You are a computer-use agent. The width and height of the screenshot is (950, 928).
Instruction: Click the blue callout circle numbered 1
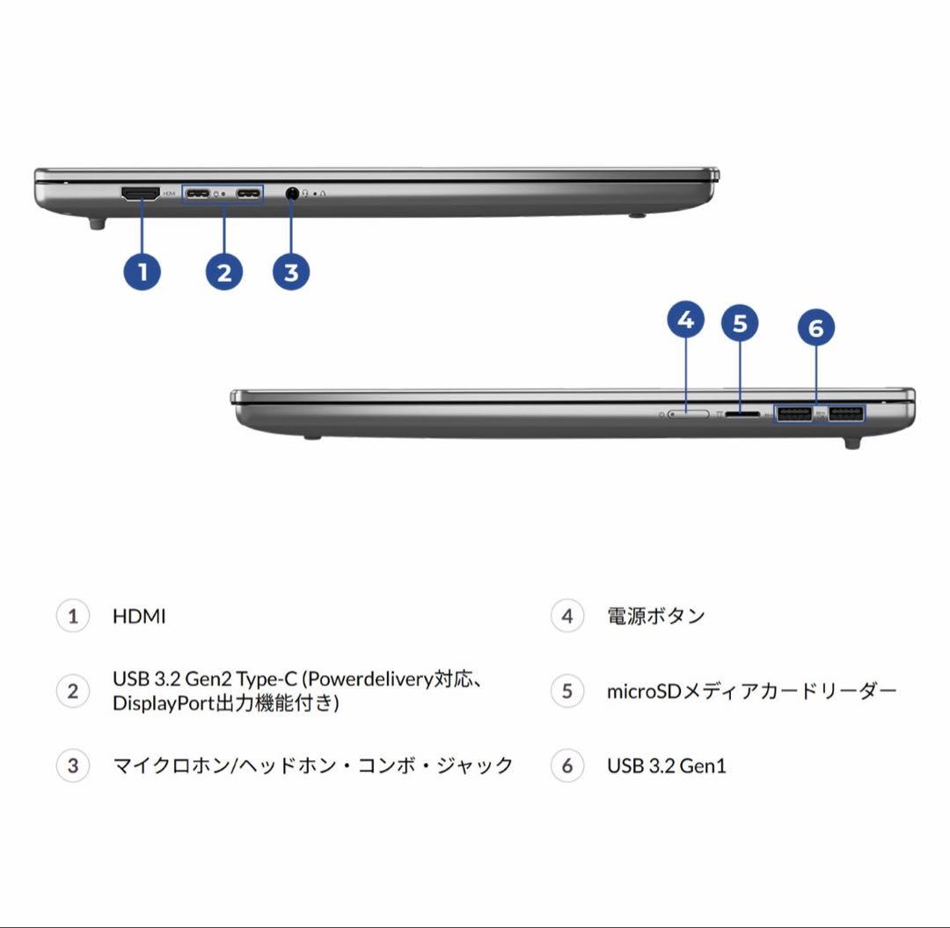(x=142, y=271)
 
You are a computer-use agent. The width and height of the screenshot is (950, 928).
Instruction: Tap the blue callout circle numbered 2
(x=223, y=271)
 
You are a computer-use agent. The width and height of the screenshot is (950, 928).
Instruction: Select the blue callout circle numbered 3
(x=291, y=271)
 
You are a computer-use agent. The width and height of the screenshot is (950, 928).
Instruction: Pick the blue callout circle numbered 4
(x=686, y=321)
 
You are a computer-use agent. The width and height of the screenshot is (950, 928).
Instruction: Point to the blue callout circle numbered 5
(x=740, y=323)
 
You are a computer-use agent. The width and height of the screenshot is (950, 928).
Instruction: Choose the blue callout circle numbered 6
(x=815, y=328)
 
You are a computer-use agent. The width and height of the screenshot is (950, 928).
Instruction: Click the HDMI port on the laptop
(x=139, y=194)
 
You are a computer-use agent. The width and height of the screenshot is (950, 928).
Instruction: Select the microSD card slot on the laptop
(x=744, y=412)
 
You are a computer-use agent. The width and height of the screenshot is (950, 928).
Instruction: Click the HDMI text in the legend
(x=139, y=616)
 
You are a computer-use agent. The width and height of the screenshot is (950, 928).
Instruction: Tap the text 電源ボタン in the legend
(x=656, y=616)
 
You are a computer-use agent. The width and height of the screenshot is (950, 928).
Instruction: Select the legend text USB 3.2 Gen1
(x=667, y=765)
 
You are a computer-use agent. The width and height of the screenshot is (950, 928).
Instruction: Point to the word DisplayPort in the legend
(x=164, y=704)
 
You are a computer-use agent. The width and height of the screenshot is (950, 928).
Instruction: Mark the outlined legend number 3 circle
(x=73, y=765)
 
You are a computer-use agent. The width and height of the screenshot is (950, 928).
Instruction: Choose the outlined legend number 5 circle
(x=567, y=691)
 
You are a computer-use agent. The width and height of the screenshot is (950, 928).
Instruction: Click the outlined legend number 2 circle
(x=73, y=691)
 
